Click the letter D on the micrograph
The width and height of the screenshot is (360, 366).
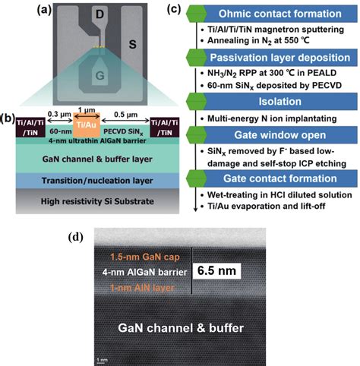99,16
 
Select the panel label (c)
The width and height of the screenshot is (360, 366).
174,9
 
